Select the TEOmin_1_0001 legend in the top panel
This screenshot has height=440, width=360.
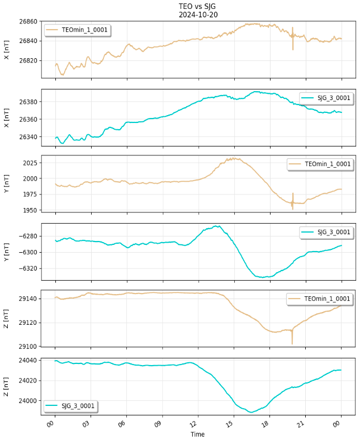pos(77,30)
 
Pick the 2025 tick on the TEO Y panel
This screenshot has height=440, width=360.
pos(31,163)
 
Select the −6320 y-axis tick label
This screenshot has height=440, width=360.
pos(29,268)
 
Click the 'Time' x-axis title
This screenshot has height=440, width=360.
pos(197,434)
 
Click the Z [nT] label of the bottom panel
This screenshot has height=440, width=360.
pos(7,386)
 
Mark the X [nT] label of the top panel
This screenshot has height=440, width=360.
pos(7,49)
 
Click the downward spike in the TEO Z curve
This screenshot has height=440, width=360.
pos(292,343)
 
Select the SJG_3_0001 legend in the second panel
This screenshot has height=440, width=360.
pos(326,98)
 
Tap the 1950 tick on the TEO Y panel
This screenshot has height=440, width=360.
pos(31,210)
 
